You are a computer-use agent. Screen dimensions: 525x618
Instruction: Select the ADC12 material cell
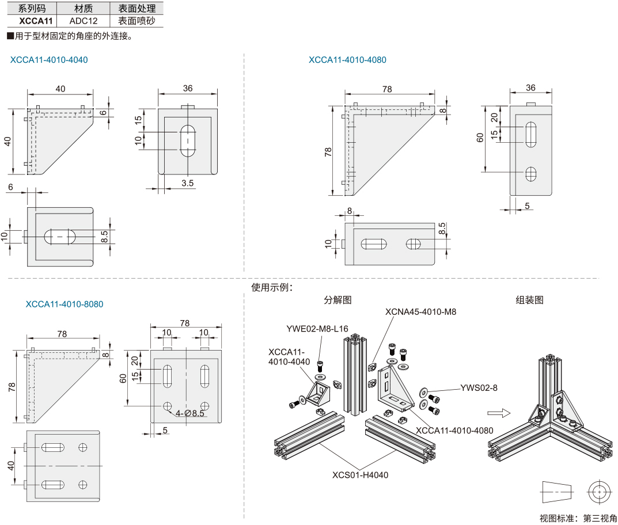[x=83, y=21]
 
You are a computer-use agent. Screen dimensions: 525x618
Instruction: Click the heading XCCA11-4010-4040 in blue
[x=49, y=60]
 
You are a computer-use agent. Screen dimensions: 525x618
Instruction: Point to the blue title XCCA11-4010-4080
[x=347, y=60]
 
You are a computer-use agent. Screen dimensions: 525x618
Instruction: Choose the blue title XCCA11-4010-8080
[x=65, y=304]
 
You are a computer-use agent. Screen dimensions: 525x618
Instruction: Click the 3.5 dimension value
[x=187, y=184]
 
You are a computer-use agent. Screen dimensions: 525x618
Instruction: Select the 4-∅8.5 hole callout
[x=190, y=413]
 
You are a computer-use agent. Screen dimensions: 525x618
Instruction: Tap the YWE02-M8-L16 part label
[x=317, y=329]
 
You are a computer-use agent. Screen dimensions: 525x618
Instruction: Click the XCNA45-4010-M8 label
[x=421, y=311]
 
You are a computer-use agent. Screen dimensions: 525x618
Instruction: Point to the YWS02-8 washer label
[x=479, y=388]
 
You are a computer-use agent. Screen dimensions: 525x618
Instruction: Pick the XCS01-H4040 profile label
[x=360, y=475]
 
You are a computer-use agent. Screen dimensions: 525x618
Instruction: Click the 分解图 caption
[x=338, y=300]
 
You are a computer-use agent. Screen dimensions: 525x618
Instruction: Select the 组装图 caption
[x=529, y=300]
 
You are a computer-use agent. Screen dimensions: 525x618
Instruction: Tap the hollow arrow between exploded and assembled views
[x=499, y=412]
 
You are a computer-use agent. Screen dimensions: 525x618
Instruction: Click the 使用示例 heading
[x=273, y=287]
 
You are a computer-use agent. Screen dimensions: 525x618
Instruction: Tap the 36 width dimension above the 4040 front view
[x=187, y=88]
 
